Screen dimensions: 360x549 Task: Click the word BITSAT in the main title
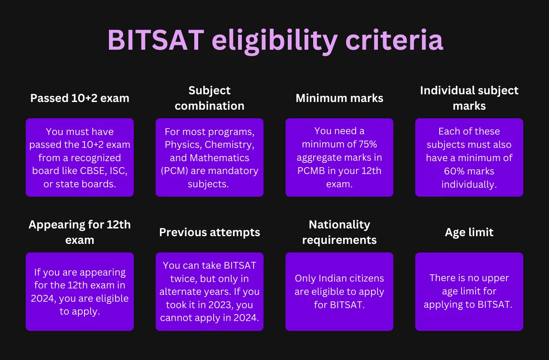pos(155,41)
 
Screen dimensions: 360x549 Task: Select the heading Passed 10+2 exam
pos(80,98)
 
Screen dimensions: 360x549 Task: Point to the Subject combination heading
pos(209,98)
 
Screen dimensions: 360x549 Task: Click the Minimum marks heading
pos(339,98)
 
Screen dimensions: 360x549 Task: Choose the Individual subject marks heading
pos(469,98)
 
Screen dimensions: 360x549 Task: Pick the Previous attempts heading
pos(209,232)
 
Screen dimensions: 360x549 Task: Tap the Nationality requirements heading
pos(339,232)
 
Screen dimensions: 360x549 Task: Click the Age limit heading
pos(469,232)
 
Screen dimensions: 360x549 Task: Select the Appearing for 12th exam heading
pos(80,232)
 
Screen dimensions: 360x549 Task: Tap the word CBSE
pos(91,171)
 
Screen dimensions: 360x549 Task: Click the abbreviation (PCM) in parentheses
pos(173,171)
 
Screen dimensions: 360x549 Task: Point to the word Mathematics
pos(219,158)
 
